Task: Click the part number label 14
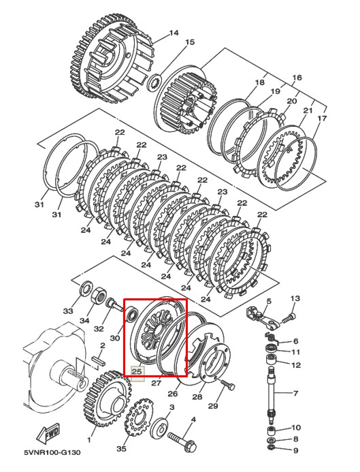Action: point(174,33)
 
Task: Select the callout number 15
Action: point(190,42)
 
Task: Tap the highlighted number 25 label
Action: point(137,371)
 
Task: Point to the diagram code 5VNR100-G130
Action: point(52,452)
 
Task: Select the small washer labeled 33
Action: point(86,287)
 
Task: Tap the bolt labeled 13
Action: point(289,317)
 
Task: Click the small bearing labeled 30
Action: point(132,314)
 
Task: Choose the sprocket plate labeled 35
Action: point(139,418)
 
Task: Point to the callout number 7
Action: point(295,393)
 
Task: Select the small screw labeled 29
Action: point(227,384)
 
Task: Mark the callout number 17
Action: point(322,119)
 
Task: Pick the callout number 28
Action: point(197,397)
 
